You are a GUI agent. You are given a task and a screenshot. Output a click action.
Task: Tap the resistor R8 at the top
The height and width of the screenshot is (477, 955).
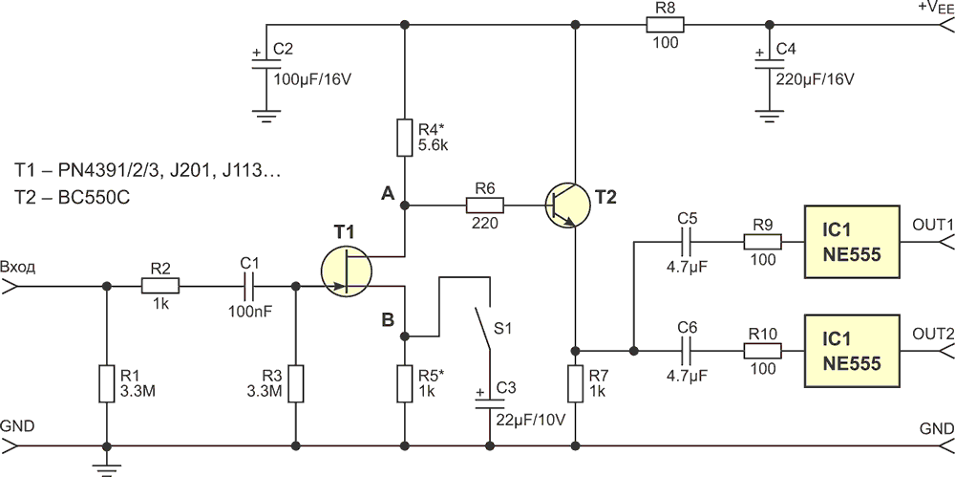[665, 25]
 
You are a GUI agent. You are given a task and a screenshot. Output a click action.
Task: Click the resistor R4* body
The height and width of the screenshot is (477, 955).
[404, 138]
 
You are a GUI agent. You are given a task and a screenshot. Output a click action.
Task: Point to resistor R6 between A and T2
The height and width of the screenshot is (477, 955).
[485, 206]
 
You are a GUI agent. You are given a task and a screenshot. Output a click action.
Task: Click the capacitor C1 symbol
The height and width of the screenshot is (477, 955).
[248, 286]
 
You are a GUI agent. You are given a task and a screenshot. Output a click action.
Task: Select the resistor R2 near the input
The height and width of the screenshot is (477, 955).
[160, 286]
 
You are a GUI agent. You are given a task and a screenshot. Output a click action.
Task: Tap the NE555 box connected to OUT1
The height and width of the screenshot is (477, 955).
[852, 243]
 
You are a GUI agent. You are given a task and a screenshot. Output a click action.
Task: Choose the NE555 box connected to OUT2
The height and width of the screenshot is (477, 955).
[852, 351]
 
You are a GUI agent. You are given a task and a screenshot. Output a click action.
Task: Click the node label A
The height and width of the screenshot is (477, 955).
[388, 195]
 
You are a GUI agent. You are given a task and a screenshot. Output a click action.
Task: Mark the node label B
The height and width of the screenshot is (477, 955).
[388, 319]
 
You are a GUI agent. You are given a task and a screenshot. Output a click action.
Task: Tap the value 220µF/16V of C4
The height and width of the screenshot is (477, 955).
[816, 79]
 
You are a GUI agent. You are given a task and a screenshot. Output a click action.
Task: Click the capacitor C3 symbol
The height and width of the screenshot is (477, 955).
[489, 402]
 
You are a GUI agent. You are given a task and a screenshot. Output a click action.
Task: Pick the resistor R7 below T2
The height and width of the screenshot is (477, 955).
[575, 384]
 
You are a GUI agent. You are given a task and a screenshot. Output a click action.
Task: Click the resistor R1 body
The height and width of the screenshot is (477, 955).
[107, 384]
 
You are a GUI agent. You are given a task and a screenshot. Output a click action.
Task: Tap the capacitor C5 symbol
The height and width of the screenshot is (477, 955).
[688, 243]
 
